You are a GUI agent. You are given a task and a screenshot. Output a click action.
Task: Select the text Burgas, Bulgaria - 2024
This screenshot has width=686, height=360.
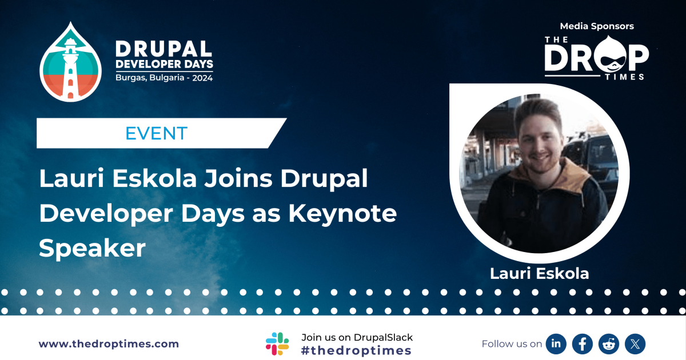click(164, 78)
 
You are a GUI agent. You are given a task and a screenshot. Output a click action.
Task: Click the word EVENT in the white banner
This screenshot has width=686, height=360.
click(156, 134)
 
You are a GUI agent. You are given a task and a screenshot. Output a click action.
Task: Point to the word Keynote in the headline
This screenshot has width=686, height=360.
click(342, 214)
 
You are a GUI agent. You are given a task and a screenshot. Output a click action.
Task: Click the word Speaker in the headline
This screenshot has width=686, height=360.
click(93, 248)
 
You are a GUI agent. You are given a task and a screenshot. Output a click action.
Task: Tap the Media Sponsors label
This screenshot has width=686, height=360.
click(597, 26)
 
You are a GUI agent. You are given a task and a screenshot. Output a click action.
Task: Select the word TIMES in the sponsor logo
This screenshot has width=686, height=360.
click(625, 76)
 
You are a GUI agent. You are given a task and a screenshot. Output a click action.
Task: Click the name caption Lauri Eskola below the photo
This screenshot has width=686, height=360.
click(539, 274)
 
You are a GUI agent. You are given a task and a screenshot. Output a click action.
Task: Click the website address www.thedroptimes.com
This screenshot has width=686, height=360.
click(109, 344)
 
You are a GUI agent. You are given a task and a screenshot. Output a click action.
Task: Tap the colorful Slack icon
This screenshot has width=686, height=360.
click(277, 343)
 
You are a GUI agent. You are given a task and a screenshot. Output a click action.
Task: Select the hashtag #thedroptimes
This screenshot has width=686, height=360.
click(356, 351)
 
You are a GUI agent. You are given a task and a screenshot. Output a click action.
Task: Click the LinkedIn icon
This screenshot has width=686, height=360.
click(556, 343)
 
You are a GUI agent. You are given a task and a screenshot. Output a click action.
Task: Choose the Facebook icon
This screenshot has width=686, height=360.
click(582, 343)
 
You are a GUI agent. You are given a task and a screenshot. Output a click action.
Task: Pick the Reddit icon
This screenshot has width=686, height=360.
click(609, 343)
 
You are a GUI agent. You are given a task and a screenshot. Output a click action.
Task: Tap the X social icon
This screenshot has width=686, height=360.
click(635, 343)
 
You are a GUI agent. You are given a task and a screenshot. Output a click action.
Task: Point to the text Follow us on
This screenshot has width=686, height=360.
click(512, 344)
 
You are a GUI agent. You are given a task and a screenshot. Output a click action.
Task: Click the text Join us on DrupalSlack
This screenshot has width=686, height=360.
click(357, 337)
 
